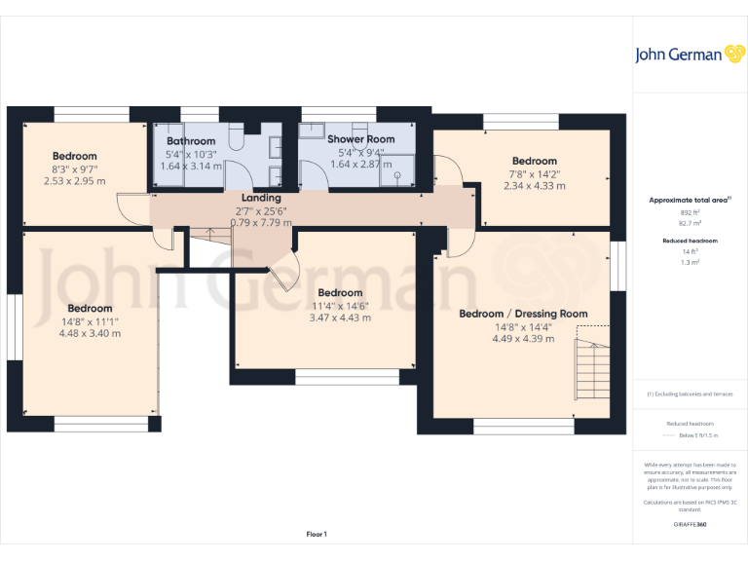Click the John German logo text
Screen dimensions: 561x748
tap(679, 55)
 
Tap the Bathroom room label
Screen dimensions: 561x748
tap(191, 141)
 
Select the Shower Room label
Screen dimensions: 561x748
tap(360, 139)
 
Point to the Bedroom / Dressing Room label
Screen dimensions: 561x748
tap(523, 314)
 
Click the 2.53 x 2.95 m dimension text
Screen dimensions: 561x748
tap(74, 180)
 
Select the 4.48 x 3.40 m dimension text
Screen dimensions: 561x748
tap(89, 333)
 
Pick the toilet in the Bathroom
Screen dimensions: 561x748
tap(237, 140)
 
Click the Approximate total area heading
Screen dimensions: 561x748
tap(689, 201)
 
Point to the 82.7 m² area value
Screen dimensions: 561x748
tap(689, 222)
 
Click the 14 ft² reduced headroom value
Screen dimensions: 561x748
tap(689, 251)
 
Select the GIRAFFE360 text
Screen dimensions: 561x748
tap(690, 524)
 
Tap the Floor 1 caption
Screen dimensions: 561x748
tap(317, 534)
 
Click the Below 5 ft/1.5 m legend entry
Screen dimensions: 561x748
tap(694, 436)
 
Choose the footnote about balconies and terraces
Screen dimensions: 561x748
tap(690, 394)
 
